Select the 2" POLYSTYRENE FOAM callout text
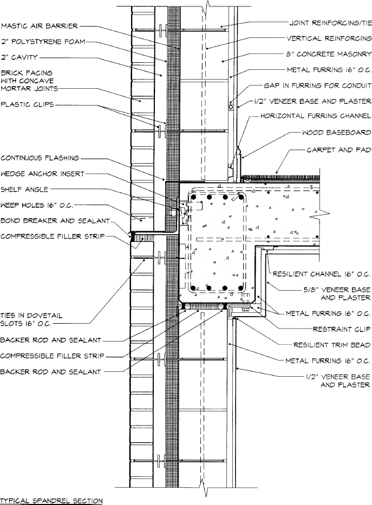pyautogui.click(x=43, y=41)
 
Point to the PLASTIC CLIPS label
pyautogui.click(x=28, y=105)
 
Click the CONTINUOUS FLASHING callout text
pyautogui.click(x=40, y=158)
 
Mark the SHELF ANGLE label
pyautogui.click(x=24, y=189)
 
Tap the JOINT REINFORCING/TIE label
pyautogui.click(x=330, y=23)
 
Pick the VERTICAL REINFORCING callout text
pyautogui.click(x=329, y=38)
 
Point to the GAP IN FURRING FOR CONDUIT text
pyautogui.click(x=317, y=86)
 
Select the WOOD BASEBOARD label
pyautogui.click(x=336, y=133)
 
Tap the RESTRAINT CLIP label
pyautogui.click(x=342, y=329)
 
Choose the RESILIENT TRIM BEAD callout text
pyautogui.click(x=331, y=344)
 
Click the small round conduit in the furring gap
pyautogui.click(x=230, y=107)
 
